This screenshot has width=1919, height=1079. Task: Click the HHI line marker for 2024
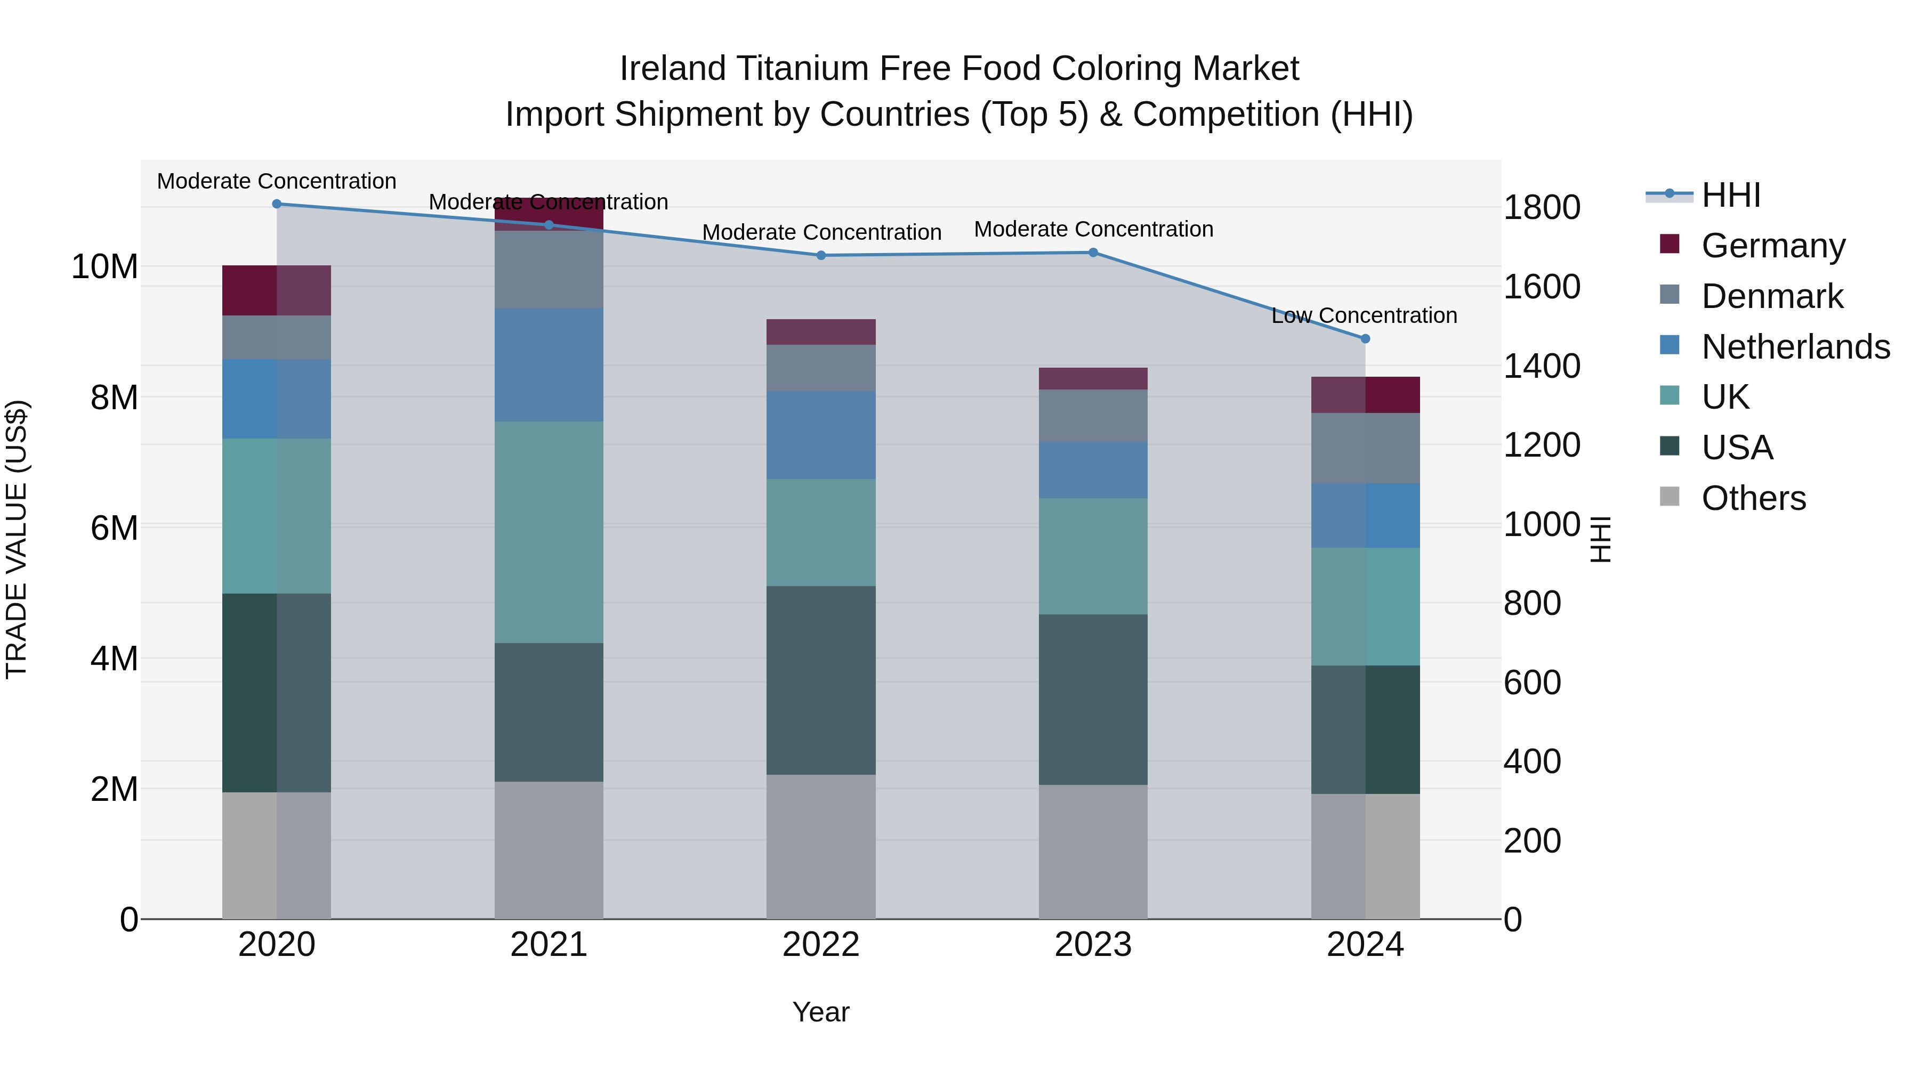point(1365,339)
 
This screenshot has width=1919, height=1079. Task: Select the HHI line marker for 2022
point(821,255)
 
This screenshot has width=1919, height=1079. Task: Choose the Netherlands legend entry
point(1795,347)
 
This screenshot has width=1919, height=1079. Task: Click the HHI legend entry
point(1730,195)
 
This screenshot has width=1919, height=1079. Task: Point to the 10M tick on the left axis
point(104,266)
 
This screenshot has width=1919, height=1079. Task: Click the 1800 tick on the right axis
point(1541,207)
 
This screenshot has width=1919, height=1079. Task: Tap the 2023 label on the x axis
point(1093,945)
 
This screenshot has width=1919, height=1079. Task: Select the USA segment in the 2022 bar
point(821,680)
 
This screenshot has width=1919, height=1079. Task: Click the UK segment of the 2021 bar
point(549,532)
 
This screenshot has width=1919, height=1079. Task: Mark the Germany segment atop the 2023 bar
point(1093,378)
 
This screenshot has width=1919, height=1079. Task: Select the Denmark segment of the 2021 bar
point(549,269)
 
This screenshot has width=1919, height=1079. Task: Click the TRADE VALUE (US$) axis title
point(17,539)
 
